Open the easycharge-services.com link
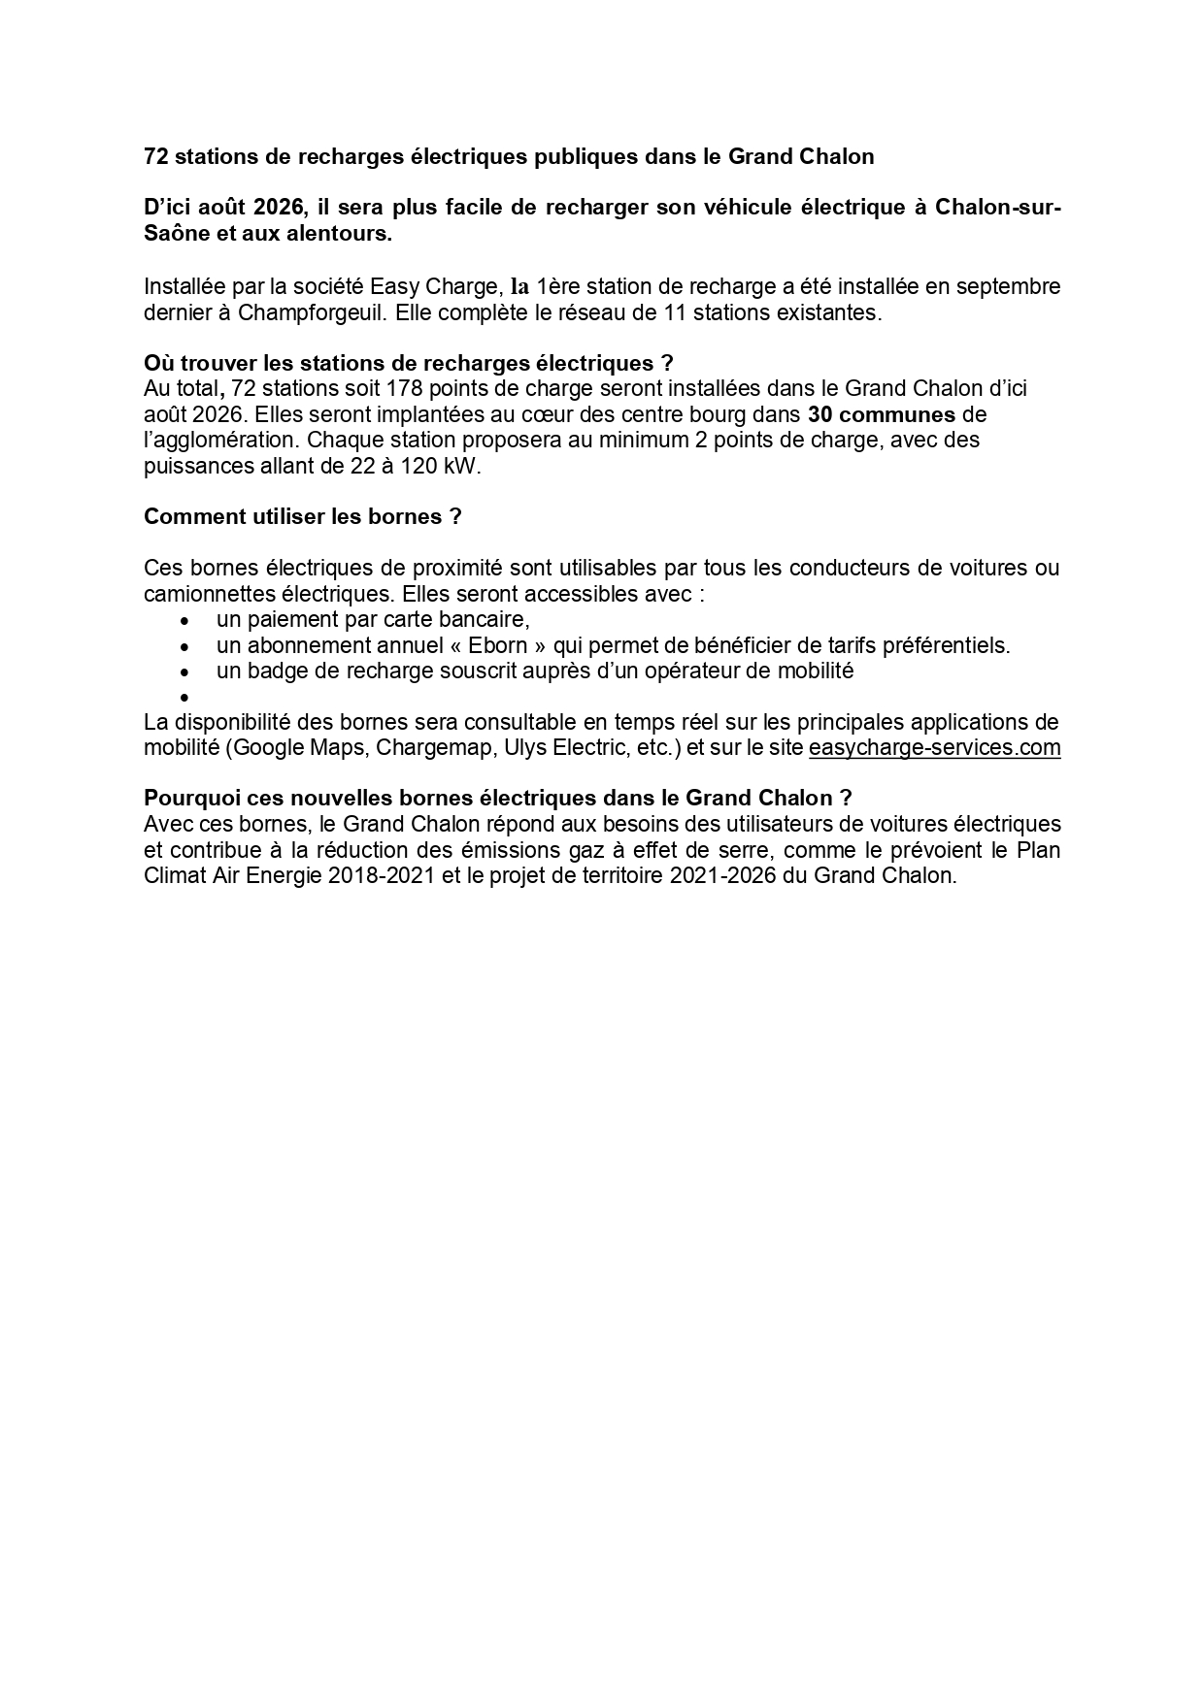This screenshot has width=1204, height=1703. (934, 748)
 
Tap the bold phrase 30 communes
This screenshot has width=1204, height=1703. (882, 414)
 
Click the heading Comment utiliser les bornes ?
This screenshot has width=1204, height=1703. (302, 516)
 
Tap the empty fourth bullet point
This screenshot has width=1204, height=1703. (183, 697)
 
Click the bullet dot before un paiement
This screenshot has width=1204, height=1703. (183, 620)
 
